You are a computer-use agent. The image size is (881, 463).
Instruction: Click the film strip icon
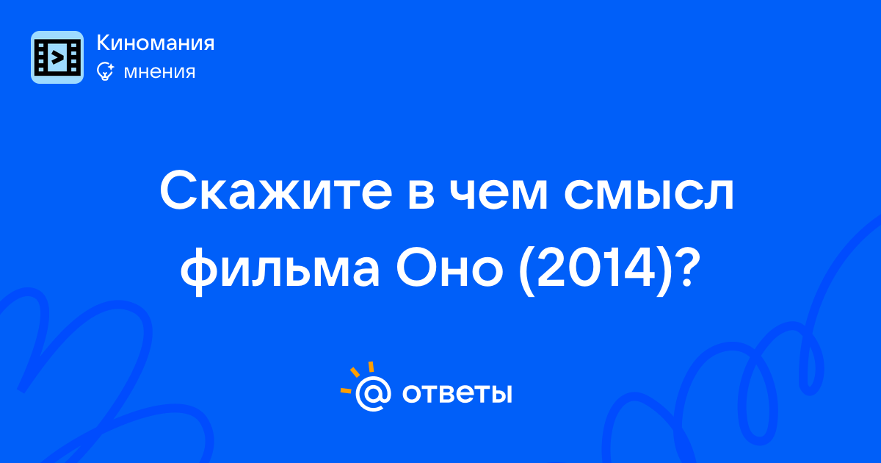pyautogui.click(x=57, y=57)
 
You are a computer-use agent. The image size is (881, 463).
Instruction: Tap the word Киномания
pyautogui.click(x=156, y=43)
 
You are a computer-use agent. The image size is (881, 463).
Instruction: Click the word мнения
pyautogui.click(x=159, y=72)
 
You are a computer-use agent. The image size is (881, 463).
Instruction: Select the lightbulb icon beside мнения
pyautogui.click(x=105, y=71)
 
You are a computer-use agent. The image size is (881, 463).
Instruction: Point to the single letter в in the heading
pyautogui.click(x=421, y=196)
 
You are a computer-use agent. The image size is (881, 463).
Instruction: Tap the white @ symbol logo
pyautogui.click(x=373, y=393)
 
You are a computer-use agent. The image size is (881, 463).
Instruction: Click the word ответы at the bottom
pyautogui.click(x=457, y=394)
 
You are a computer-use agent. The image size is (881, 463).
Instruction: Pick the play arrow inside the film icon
pyautogui.click(x=57, y=57)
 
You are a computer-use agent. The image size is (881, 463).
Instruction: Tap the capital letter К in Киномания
pyautogui.click(x=104, y=43)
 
